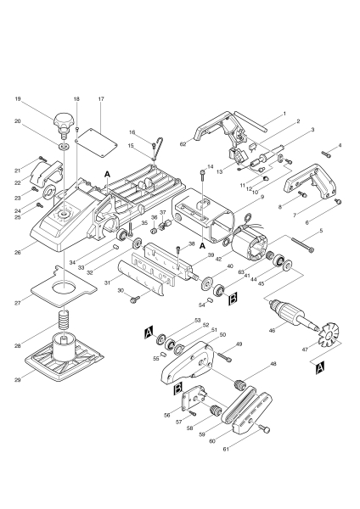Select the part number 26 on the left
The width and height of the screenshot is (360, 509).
click(18, 251)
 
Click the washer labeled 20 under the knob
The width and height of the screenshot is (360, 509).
click(63, 144)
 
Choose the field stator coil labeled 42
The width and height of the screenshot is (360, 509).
click(251, 249)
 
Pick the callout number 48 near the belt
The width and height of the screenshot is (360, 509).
click(273, 363)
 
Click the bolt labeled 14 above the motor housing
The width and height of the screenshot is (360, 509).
click(201, 174)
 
